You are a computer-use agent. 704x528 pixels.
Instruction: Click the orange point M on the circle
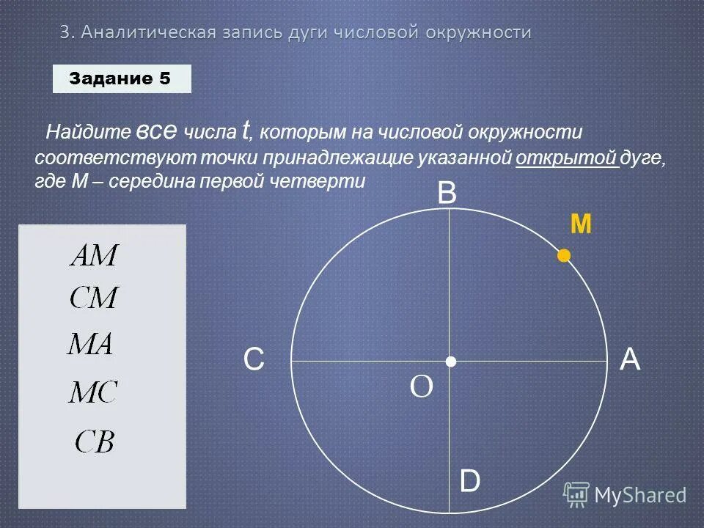pos(563,255)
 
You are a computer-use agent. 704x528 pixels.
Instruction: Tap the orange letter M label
pos(581,224)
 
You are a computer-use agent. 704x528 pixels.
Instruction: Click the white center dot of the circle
pos(450,362)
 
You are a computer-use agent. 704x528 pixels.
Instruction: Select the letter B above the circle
pos(447,194)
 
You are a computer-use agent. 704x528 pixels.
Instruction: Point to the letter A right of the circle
pos(630,360)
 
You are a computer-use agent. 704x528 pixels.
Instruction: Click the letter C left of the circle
pos(254,361)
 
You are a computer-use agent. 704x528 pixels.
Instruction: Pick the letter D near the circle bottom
pos(469,482)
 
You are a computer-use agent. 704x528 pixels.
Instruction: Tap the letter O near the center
pos(422,386)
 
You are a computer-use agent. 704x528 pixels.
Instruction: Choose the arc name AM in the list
pos(94,256)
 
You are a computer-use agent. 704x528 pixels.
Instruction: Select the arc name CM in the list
pos(94,298)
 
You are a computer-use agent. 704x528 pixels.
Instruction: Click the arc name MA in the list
pos(90,344)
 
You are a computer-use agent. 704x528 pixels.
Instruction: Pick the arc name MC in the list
pos(93,392)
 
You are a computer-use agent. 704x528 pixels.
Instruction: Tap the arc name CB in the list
pos(95,441)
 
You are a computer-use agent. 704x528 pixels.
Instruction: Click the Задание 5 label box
pos(122,78)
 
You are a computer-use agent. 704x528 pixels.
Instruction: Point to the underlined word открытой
pos(567,158)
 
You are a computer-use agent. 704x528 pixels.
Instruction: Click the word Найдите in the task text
pos(89,133)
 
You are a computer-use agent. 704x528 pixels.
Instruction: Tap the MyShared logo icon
pos(576,495)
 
